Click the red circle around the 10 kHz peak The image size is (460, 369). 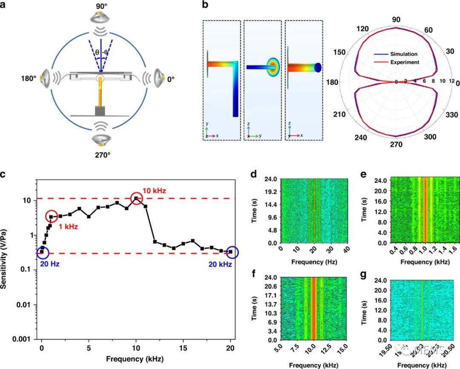coord(136,198)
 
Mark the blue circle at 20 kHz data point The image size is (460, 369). coord(231,252)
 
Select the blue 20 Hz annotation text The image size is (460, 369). coord(50,264)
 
